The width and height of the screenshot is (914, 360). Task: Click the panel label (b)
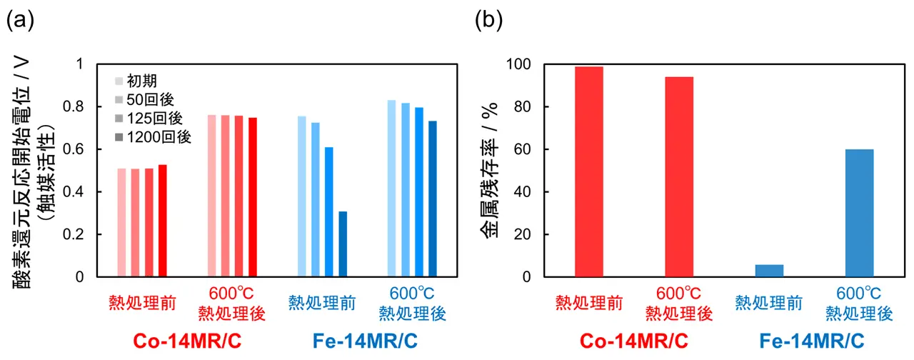pos(488,21)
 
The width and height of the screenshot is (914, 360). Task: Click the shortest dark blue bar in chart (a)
pos(343,244)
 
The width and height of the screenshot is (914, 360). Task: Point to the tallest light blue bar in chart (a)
pos(392,188)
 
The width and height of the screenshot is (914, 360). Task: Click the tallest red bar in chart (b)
pos(588,171)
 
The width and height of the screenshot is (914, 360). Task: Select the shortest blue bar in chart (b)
pos(769,271)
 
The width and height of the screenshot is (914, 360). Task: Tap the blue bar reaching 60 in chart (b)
pos(859,213)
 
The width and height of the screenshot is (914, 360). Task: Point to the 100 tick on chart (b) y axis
pos(521,64)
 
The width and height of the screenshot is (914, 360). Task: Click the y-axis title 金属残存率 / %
pos(493,170)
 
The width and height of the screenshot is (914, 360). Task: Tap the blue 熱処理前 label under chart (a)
pos(322,302)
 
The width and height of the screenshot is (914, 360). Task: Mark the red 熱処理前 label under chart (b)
pos(589,303)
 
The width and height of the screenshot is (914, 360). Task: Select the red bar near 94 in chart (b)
pos(678,176)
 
